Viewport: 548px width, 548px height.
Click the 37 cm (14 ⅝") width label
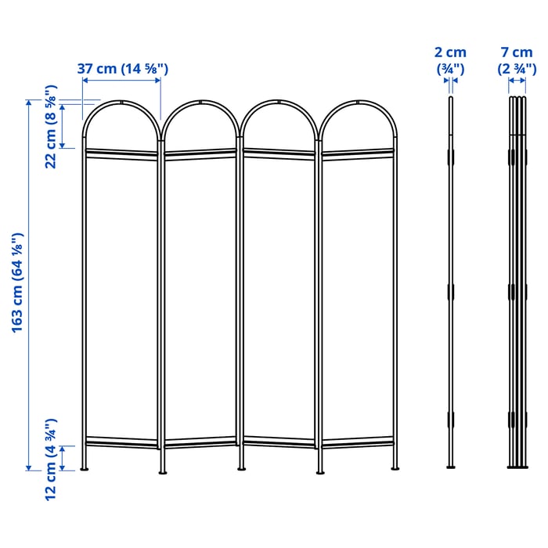point(123,69)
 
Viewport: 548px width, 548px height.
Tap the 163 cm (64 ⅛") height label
point(17,283)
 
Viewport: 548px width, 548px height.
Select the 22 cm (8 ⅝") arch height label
point(51,127)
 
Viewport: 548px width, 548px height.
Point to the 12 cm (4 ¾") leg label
point(51,460)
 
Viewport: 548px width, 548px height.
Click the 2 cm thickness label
point(450,52)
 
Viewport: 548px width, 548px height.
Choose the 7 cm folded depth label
point(517,52)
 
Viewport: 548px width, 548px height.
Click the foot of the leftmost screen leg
point(85,468)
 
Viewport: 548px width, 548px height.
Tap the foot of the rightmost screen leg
point(395,468)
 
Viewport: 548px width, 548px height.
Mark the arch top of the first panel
point(121,103)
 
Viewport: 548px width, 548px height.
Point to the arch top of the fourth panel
point(358,103)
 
